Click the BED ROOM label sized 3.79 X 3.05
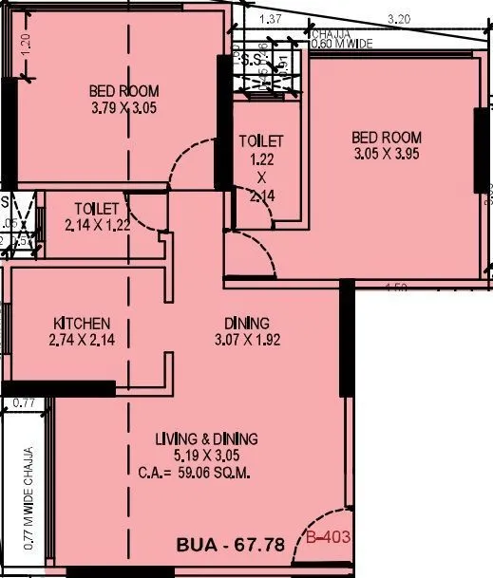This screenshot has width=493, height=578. click(x=123, y=91)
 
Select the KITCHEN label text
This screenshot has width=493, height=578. click(x=82, y=323)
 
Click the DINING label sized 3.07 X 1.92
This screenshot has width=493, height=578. click(x=246, y=323)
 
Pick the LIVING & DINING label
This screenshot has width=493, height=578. click(x=207, y=439)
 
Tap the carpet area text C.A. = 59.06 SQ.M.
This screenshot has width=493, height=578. click(x=206, y=471)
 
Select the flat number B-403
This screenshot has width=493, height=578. click(x=329, y=538)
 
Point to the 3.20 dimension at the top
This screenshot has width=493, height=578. click(x=400, y=17)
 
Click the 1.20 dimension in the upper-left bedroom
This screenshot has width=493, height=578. click(x=26, y=42)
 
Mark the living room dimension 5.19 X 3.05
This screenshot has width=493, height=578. click(x=207, y=456)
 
